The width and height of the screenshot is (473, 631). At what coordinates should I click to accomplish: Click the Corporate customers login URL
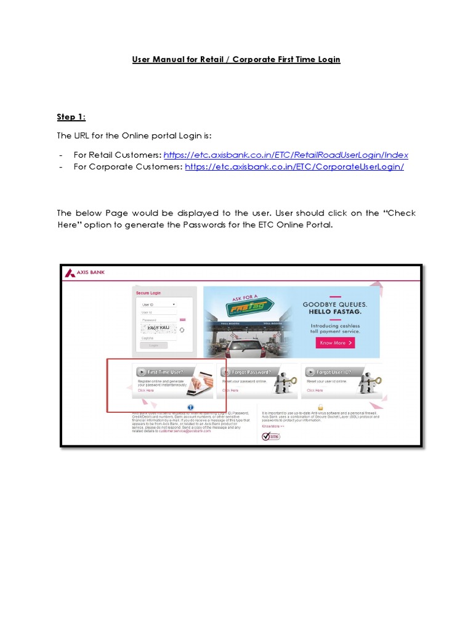click(x=294, y=167)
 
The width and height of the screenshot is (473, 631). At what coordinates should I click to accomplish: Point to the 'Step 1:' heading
click(x=71, y=117)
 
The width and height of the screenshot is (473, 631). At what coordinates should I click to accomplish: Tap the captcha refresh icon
click(x=182, y=330)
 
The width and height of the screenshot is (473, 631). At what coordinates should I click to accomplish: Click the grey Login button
click(x=153, y=345)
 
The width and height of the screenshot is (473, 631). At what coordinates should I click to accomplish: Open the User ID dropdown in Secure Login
click(x=158, y=304)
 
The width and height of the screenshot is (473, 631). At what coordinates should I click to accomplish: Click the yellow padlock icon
click(x=320, y=407)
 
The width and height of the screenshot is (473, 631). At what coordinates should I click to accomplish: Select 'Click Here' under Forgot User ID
click(x=315, y=390)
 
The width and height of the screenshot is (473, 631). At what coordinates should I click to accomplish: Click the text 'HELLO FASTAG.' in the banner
click(x=335, y=313)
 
